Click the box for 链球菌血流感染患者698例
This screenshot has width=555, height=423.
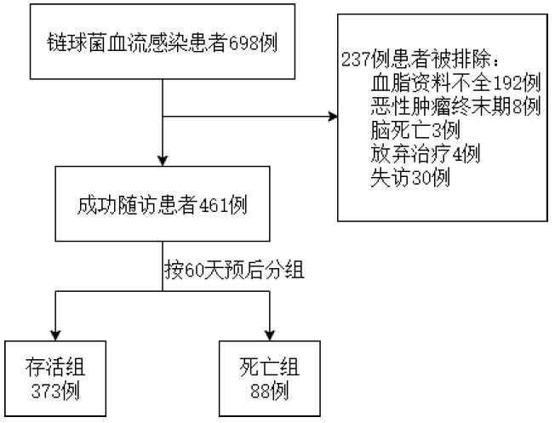point(162,43)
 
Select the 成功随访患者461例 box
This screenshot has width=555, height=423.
point(162,205)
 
